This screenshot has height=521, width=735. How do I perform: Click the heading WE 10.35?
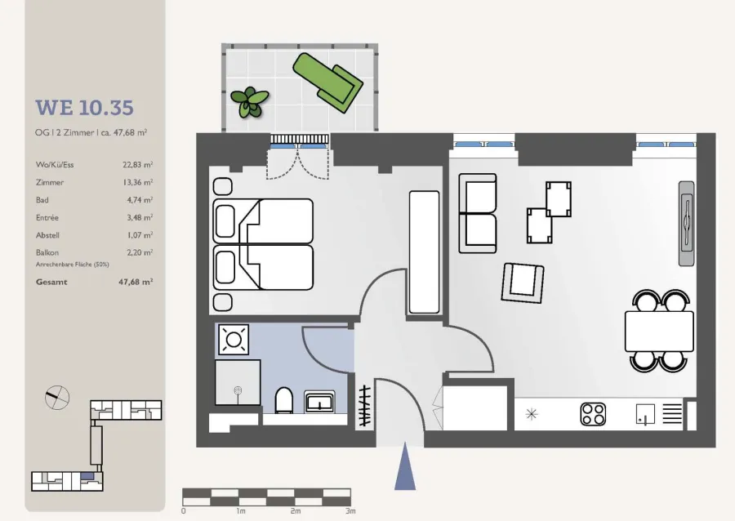click(x=84, y=108)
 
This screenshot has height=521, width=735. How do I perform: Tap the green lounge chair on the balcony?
click(x=327, y=82)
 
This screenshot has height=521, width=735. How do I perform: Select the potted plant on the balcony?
click(x=249, y=102)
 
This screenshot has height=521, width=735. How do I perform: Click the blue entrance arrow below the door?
click(x=405, y=466)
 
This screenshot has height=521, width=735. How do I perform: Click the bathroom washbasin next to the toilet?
click(x=319, y=402)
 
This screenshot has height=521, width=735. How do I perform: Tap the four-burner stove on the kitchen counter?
click(x=593, y=414)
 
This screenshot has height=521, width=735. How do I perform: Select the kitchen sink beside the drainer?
click(x=645, y=414)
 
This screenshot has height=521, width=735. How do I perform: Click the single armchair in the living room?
click(x=523, y=283)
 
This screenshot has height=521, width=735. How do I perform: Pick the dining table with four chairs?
click(x=659, y=331)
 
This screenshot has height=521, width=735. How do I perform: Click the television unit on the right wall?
click(x=687, y=224)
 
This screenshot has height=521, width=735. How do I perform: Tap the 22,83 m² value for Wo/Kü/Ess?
click(x=138, y=164)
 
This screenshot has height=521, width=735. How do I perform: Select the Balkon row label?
click(x=47, y=252)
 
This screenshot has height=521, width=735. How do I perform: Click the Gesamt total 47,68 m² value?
click(x=136, y=282)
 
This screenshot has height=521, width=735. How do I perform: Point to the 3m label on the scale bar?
click(x=350, y=511)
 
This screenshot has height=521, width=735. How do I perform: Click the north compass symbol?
click(x=57, y=398)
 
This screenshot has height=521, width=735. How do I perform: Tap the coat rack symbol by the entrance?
click(x=365, y=406)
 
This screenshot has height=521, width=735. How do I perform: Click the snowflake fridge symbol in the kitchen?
click(x=531, y=414)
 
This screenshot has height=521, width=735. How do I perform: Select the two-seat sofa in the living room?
click(x=478, y=213)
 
